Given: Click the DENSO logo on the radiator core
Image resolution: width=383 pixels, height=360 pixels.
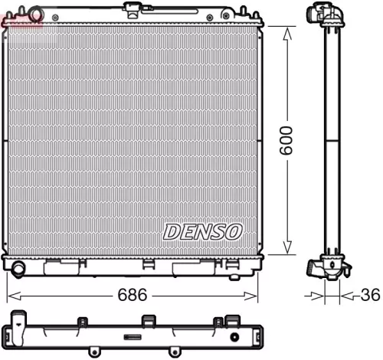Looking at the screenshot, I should click(203, 231).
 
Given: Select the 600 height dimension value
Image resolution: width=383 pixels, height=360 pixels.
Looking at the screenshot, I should click(286, 141).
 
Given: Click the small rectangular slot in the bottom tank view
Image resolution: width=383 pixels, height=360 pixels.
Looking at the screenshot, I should click(133, 337).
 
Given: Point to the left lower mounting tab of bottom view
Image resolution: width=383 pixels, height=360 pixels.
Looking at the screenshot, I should click(95, 352).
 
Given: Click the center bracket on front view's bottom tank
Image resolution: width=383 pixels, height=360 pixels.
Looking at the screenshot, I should click(148, 265).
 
